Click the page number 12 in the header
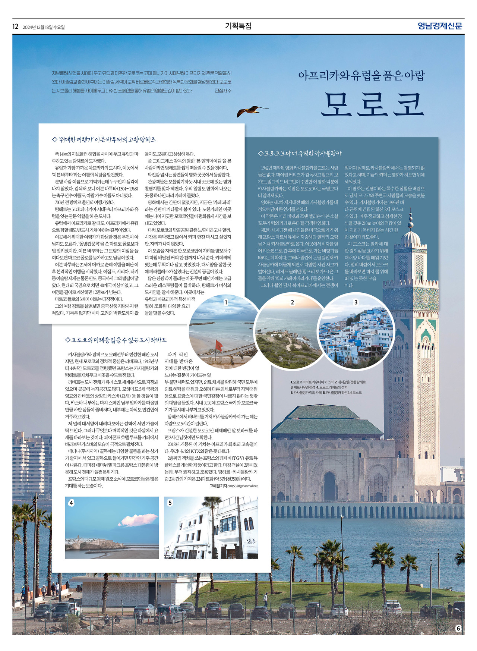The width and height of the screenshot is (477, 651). click(15, 26)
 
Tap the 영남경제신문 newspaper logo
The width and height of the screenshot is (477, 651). click(440, 26)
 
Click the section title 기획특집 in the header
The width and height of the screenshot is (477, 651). click(238, 26)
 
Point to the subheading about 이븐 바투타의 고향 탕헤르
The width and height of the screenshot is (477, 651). click(104, 139)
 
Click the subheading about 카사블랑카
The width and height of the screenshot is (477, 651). click(300, 153)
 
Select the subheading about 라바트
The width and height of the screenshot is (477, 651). click(116, 340)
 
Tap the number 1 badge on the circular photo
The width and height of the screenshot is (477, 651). click(225, 302)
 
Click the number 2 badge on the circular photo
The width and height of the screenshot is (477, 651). click(292, 302)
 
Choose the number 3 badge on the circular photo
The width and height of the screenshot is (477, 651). click(356, 302)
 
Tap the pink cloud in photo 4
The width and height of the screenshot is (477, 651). click(138, 519)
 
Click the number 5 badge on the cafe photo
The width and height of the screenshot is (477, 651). click(170, 503)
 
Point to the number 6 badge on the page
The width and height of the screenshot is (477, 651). click(458, 628)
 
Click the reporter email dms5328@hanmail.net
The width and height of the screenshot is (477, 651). click(243, 486)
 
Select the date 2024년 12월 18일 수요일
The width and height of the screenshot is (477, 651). click(44, 27)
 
